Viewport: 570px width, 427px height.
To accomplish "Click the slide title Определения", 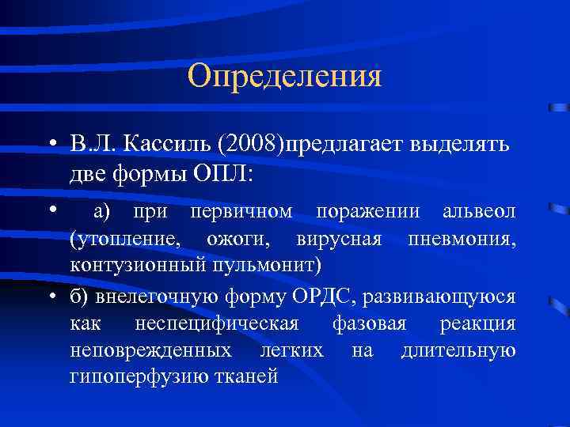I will (x=285, y=76).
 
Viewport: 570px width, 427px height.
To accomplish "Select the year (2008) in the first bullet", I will (x=251, y=145).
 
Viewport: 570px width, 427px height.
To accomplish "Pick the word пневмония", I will (x=464, y=238).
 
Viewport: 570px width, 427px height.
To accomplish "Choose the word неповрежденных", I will (x=150, y=350).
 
